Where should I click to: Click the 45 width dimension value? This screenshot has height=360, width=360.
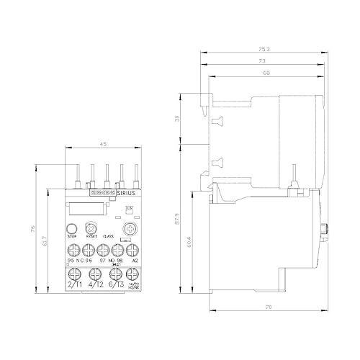point(102,144)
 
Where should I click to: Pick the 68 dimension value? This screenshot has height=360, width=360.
point(267,73)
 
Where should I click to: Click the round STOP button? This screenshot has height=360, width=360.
point(72,226)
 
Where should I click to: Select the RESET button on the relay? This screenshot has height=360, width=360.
point(91,226)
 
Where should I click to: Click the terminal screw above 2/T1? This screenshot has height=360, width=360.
point(73,275)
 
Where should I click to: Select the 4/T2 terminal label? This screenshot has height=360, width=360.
point(94,286)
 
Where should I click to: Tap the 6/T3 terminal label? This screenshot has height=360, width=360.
point(113,286)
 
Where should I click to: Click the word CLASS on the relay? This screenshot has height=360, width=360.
point(109,236)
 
